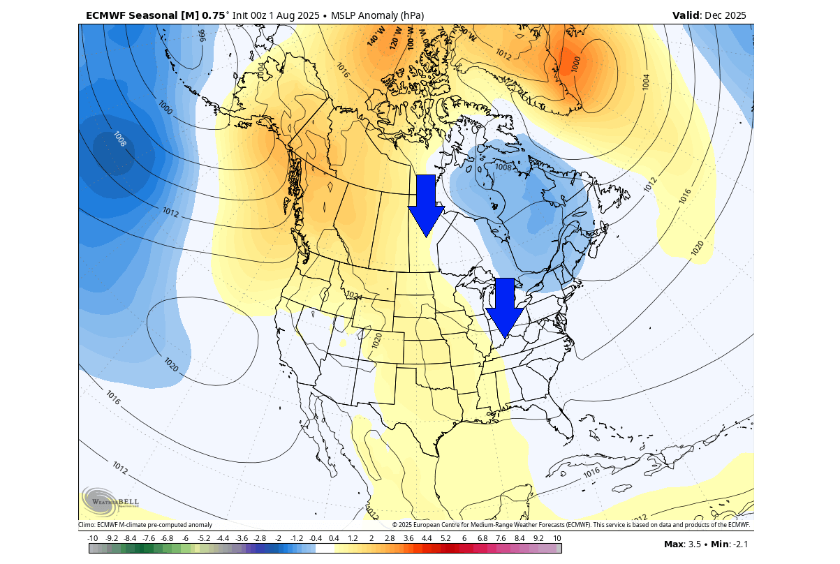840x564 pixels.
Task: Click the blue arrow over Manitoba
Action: point(426,207)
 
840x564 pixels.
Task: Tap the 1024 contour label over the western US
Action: point(354,296)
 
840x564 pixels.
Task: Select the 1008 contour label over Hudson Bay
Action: point(503,168)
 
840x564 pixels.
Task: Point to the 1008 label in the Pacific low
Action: point(119,140)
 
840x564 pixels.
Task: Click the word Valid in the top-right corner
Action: point(685,15)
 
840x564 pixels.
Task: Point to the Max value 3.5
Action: point(694,544)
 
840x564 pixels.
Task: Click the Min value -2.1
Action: point(740,544)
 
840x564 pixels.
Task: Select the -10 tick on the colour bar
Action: point(92,538)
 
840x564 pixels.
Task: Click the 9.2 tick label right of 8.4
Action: point(538,538)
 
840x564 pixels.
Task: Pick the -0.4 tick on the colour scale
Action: point(315,538)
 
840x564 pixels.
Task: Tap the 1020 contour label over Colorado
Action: point(377,341)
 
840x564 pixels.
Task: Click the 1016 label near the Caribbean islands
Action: point(591,473)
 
